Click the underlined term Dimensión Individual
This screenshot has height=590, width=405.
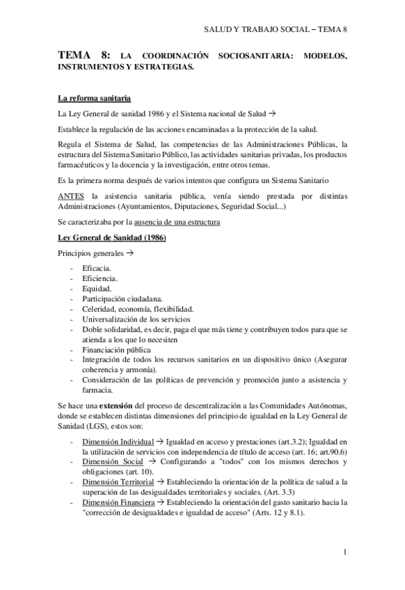click(x=118, y=442)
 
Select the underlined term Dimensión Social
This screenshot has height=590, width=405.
click(x=111, y=462)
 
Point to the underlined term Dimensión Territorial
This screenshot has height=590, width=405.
click(x=118, y=481)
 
